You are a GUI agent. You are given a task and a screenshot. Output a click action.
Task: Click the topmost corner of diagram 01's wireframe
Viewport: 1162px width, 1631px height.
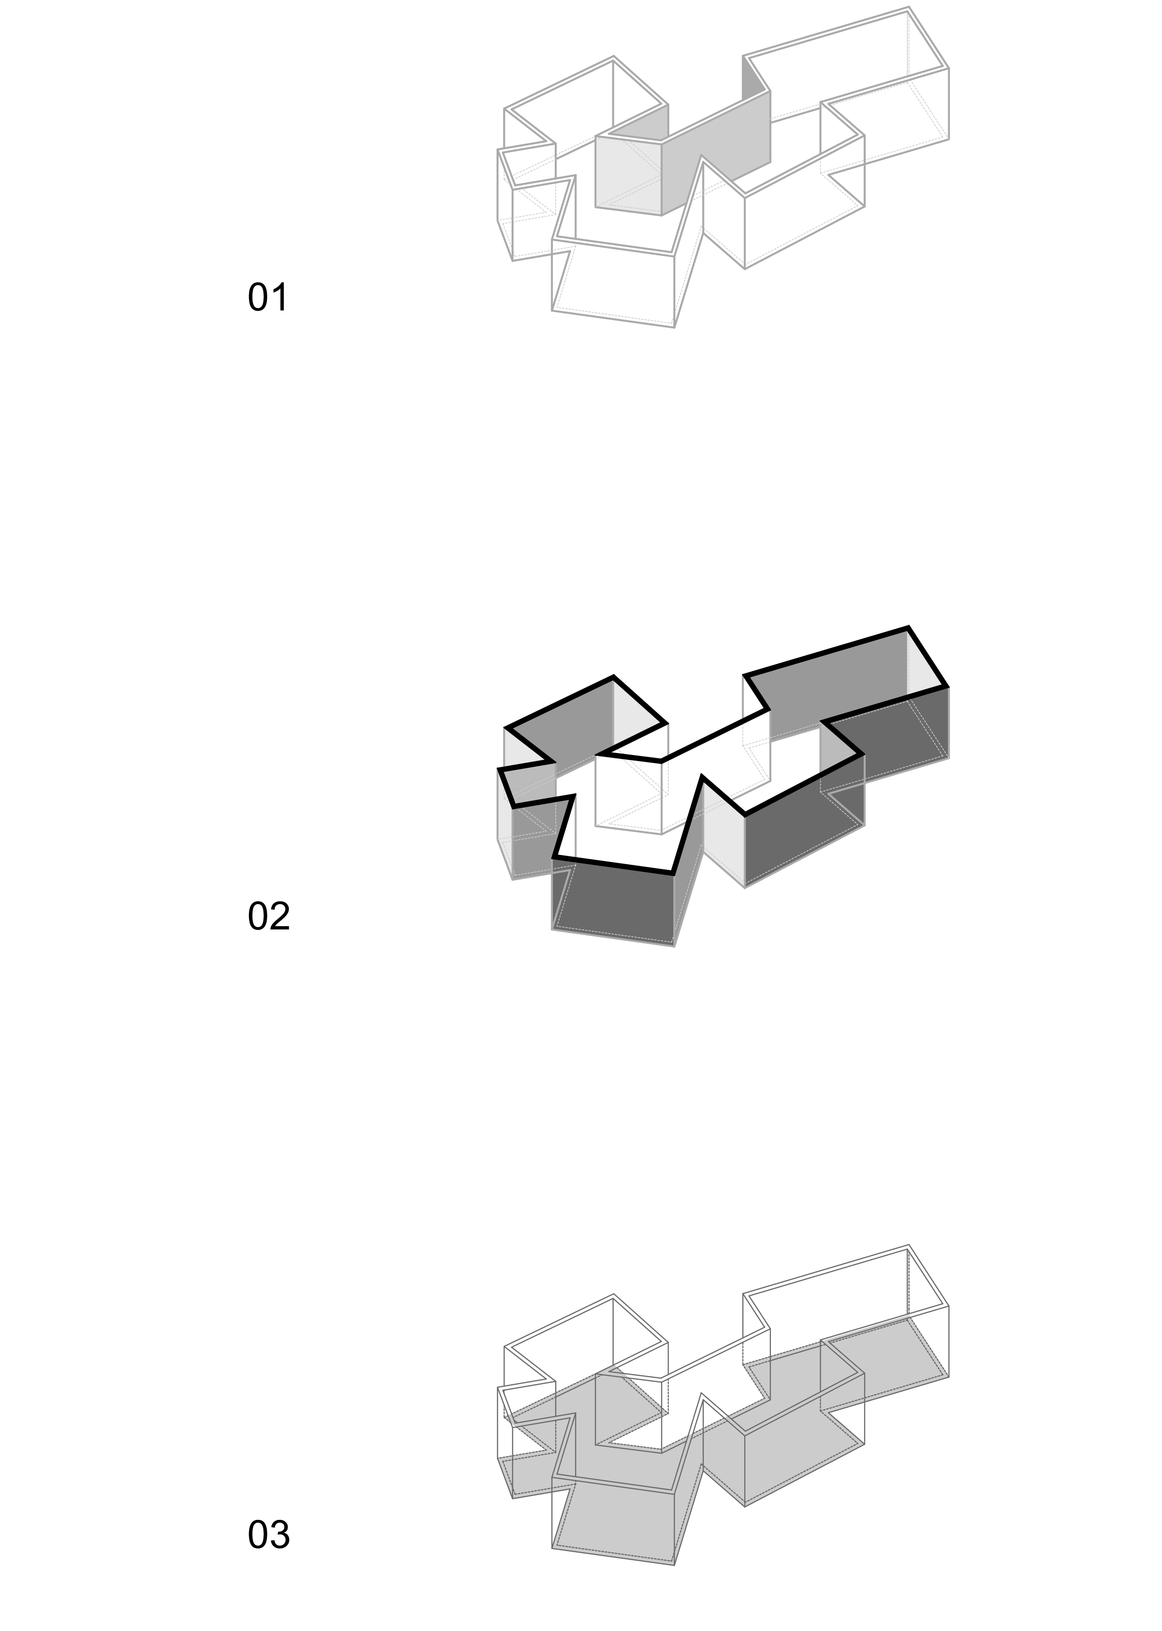click(909, 8)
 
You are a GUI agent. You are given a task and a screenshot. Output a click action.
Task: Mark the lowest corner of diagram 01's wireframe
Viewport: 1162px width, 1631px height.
click(674, 327)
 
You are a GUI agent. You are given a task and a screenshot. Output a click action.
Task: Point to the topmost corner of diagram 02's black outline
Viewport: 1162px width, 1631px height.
click(909, 627)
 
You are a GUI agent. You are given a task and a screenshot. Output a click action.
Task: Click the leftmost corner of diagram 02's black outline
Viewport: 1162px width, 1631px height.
click(499, 770)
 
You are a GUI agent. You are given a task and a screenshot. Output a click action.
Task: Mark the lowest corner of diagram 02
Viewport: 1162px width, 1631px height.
click(674, 946)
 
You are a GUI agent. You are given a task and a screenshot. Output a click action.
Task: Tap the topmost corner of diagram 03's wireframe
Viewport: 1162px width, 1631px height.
click(909, 1246)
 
